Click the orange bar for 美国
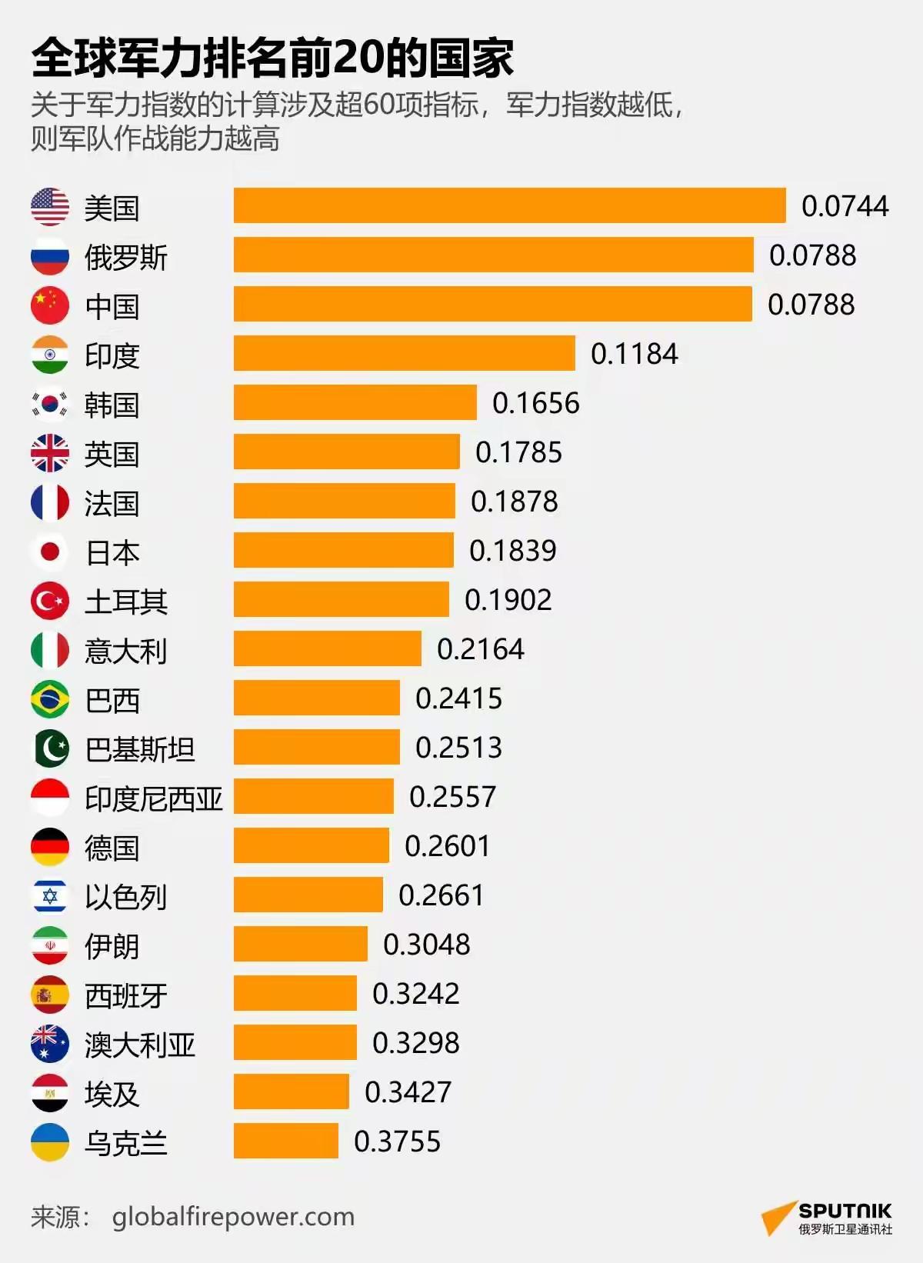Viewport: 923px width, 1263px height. pos(509,205)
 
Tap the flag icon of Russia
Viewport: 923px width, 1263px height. pos(50,256)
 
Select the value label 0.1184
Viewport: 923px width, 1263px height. pos(634,354)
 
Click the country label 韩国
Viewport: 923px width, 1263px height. pos(112,405)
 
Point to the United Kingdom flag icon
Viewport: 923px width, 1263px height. pos(50,453)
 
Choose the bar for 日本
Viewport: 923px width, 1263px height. pos(343,550)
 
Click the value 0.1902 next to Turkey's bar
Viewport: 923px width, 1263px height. pos(508,600)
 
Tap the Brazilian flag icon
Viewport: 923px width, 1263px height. pos(50,699)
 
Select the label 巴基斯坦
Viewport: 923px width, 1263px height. pos(140,749)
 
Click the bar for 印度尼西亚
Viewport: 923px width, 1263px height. pos(313,796)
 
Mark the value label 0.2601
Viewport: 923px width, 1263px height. pos(447,846)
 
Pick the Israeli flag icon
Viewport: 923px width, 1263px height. pos(50,896)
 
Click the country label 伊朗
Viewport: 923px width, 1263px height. pos(112,946)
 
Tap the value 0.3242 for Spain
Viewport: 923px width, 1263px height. pos(415,994)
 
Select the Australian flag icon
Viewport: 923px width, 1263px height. pos(50,1044)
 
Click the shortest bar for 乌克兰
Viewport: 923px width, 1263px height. pos(285,1141)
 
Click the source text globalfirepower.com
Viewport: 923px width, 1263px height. pos(233,1217)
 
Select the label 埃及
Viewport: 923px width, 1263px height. pos(112,1094)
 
